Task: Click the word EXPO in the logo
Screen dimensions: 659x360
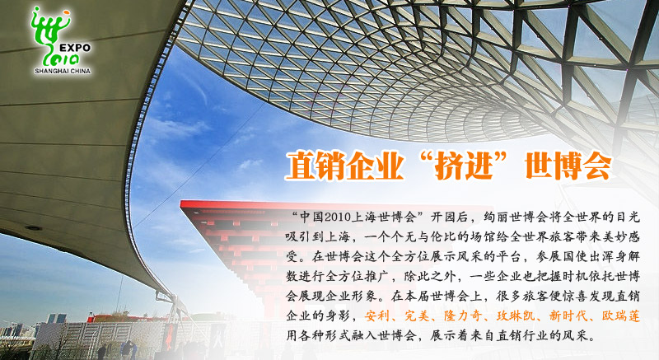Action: click(75, 48)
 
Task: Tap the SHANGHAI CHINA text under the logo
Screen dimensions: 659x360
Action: click(63, 71)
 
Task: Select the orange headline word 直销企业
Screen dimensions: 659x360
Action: click(344, 166)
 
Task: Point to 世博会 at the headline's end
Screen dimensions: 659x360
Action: click(568, 166)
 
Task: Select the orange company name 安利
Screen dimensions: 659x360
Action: click(376, 316)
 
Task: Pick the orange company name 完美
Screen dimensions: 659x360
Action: click(416, 316)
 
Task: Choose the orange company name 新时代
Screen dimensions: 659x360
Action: click(568, 316)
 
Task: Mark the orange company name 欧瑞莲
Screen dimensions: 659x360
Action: click(621, 316)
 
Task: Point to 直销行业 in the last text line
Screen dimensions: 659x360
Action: click(522, 335)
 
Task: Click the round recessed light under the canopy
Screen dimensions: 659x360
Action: click(33, 228)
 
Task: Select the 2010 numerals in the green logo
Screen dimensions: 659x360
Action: click(64, 58)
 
